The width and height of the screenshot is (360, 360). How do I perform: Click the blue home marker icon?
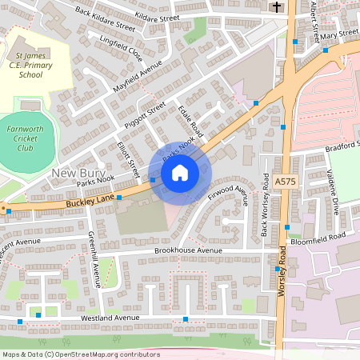pyautogui.click(x=180, y=172)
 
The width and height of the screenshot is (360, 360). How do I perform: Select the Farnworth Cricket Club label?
pyautogui.click(x=30, y=137)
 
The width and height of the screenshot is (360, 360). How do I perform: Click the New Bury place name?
pyautogui.click(x=74, y=173)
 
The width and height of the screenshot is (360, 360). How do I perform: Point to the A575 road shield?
pyautogui.click(x=284, y=182)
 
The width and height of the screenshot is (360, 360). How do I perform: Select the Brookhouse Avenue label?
pyautogui.click(x=187, y=250)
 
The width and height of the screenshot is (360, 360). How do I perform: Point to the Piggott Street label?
pyautogui.click(x=145, y=114)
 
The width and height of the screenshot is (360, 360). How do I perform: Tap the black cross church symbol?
pyautogui.click(x=277, y=7)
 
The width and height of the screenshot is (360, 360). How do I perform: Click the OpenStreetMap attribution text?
pyautogui.click(x=80, y=354)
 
